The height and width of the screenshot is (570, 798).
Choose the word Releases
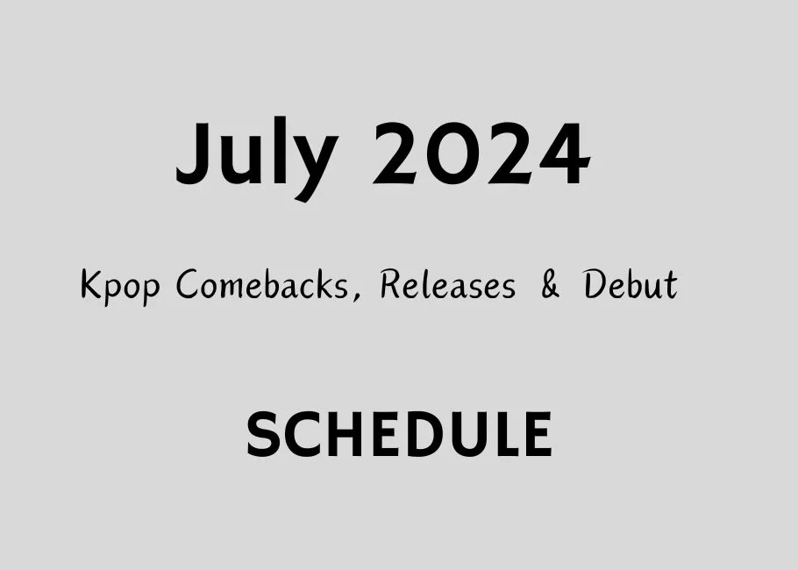(447, 286)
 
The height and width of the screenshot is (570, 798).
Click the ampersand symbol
(550, 286)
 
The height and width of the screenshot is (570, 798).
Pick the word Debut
(631, 286)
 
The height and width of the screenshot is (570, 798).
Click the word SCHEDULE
(399, 435)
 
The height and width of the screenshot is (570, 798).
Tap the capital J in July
(194, 154)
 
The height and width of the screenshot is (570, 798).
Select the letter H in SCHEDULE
(339, 435)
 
